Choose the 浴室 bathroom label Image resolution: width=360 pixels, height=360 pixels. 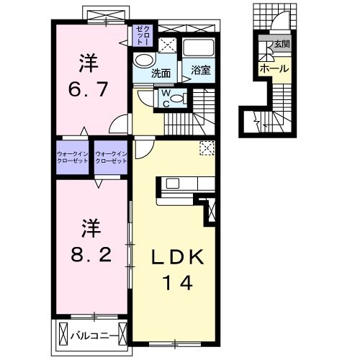[201, 71]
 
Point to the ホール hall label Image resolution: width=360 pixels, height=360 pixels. [274, 69]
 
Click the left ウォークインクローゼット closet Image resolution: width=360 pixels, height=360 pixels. [73, 156]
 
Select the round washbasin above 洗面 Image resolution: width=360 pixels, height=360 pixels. [144, 60]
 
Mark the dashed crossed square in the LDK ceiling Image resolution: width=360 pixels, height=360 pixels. [207, 148]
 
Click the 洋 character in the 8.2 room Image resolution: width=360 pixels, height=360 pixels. [87, 230]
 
